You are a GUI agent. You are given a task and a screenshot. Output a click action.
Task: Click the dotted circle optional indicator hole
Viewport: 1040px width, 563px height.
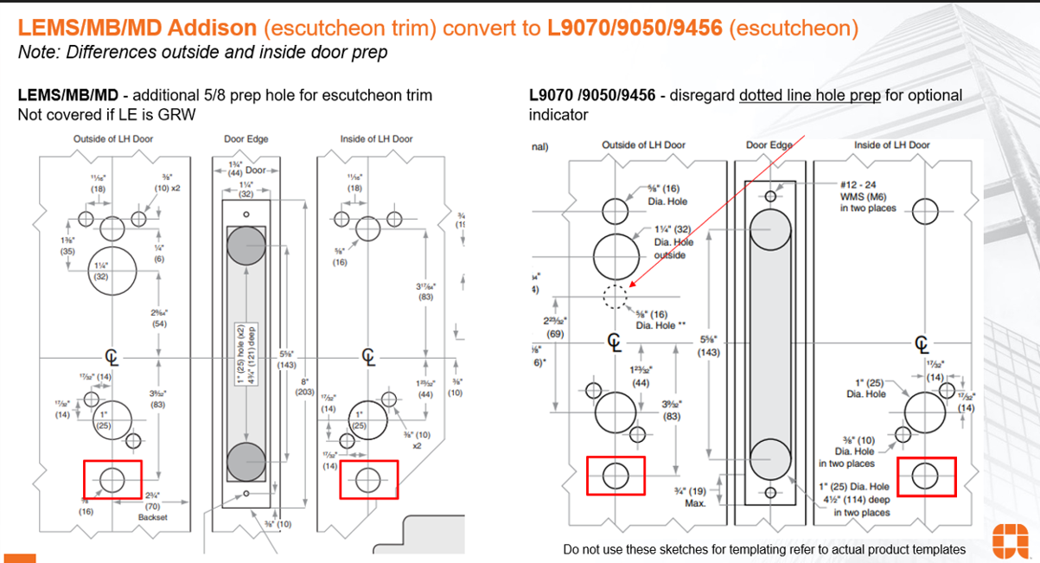[x=615, y=296]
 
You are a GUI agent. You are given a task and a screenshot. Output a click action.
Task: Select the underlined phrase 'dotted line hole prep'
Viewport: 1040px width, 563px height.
[x=809, y=95]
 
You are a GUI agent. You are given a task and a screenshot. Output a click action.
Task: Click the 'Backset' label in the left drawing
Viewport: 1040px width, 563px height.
[x=151, y=518]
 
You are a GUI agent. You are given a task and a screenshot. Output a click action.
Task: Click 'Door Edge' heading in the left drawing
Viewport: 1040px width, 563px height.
[x=246, y=139]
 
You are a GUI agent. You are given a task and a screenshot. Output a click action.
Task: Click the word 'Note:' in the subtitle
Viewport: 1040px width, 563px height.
[x=39, y=52]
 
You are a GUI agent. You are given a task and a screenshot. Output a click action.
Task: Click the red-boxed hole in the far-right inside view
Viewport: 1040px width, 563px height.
[x=926, y=475]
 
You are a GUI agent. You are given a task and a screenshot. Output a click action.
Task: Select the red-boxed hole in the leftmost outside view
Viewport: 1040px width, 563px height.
[x=112, y=478]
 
